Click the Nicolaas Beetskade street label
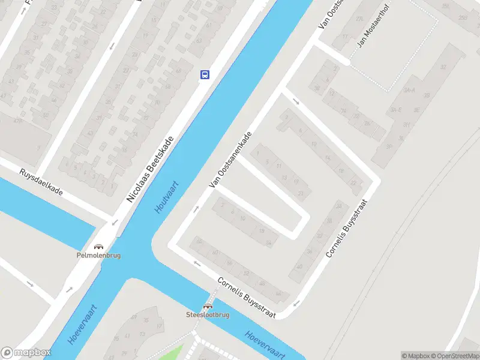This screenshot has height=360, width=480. [150, 169]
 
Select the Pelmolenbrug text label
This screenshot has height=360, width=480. [99, 255]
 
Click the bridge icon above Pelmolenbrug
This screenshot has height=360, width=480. [99, 246]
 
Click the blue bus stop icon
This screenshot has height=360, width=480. [205, 74]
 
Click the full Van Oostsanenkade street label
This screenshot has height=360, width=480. [229, 160]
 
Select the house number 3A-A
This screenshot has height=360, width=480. [410, 90]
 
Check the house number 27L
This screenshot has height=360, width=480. [360, 19]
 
